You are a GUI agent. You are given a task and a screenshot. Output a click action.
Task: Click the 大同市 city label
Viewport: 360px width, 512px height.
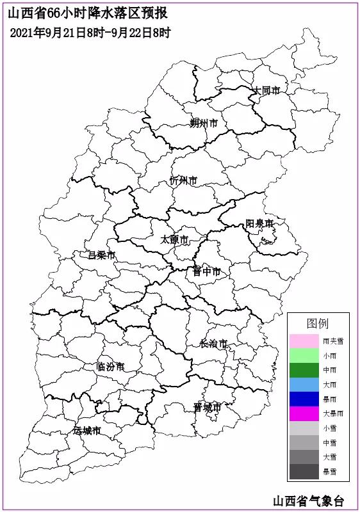[x=266, y=91]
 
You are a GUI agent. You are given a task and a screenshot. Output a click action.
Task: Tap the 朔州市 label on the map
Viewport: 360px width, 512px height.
[x=204, y=123]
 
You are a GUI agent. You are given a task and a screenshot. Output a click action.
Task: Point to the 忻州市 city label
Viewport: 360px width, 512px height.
[x=183, y=180]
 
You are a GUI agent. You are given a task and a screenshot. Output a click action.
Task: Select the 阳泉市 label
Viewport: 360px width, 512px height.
[x=259, y=223]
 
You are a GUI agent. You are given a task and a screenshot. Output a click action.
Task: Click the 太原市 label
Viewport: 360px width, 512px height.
[x=174, y=240]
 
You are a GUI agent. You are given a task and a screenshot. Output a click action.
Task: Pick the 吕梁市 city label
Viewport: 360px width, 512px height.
[x=102, y=255]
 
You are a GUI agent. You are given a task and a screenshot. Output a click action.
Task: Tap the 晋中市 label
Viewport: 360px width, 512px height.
[x=206, y=271]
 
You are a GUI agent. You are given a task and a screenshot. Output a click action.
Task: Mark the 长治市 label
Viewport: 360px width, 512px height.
[x=213, y=344]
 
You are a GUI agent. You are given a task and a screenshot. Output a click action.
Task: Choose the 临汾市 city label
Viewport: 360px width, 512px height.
[x=110, y=367]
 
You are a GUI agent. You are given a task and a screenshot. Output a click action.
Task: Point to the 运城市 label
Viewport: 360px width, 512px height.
[x=87, y=430]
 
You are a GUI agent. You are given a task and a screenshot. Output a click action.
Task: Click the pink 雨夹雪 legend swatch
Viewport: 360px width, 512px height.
[x=304, y=341]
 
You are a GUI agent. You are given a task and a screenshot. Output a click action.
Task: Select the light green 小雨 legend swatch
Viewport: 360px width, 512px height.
[x=304, y=356]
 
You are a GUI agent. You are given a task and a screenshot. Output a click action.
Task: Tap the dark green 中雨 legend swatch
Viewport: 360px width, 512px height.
[x=304, y=370]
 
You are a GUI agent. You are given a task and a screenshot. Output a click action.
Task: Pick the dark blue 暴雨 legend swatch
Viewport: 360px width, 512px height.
[x=304, y=399]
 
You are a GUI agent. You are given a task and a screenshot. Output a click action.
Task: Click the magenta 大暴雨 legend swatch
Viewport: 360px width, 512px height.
[x=304, y=413]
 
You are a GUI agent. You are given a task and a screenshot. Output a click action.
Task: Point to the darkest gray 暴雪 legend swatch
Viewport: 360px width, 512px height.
[x=304, y=472]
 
